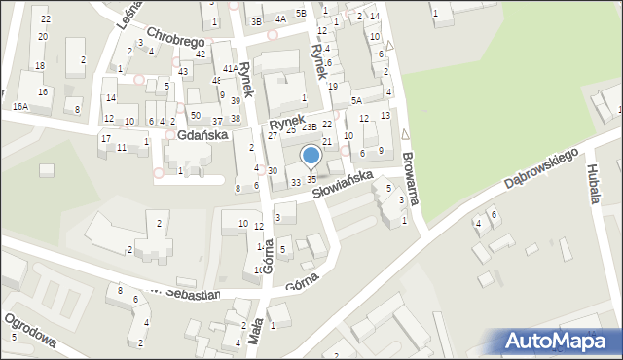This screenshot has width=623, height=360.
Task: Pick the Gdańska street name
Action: (x=202, y=134)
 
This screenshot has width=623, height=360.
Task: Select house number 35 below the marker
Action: (x=311, y=180)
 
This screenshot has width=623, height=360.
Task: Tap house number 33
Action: (x=295, y=182)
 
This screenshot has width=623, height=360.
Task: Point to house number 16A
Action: (x=20, y=106)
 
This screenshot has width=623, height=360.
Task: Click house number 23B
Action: (x=309, y=127)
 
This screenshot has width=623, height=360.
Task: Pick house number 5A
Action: (x=356, y=100)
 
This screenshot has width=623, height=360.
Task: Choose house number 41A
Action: (x=230, y=68)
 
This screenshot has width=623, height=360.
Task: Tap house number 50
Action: (x=195, y=116)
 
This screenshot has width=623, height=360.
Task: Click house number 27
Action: (x=273, y=135)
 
